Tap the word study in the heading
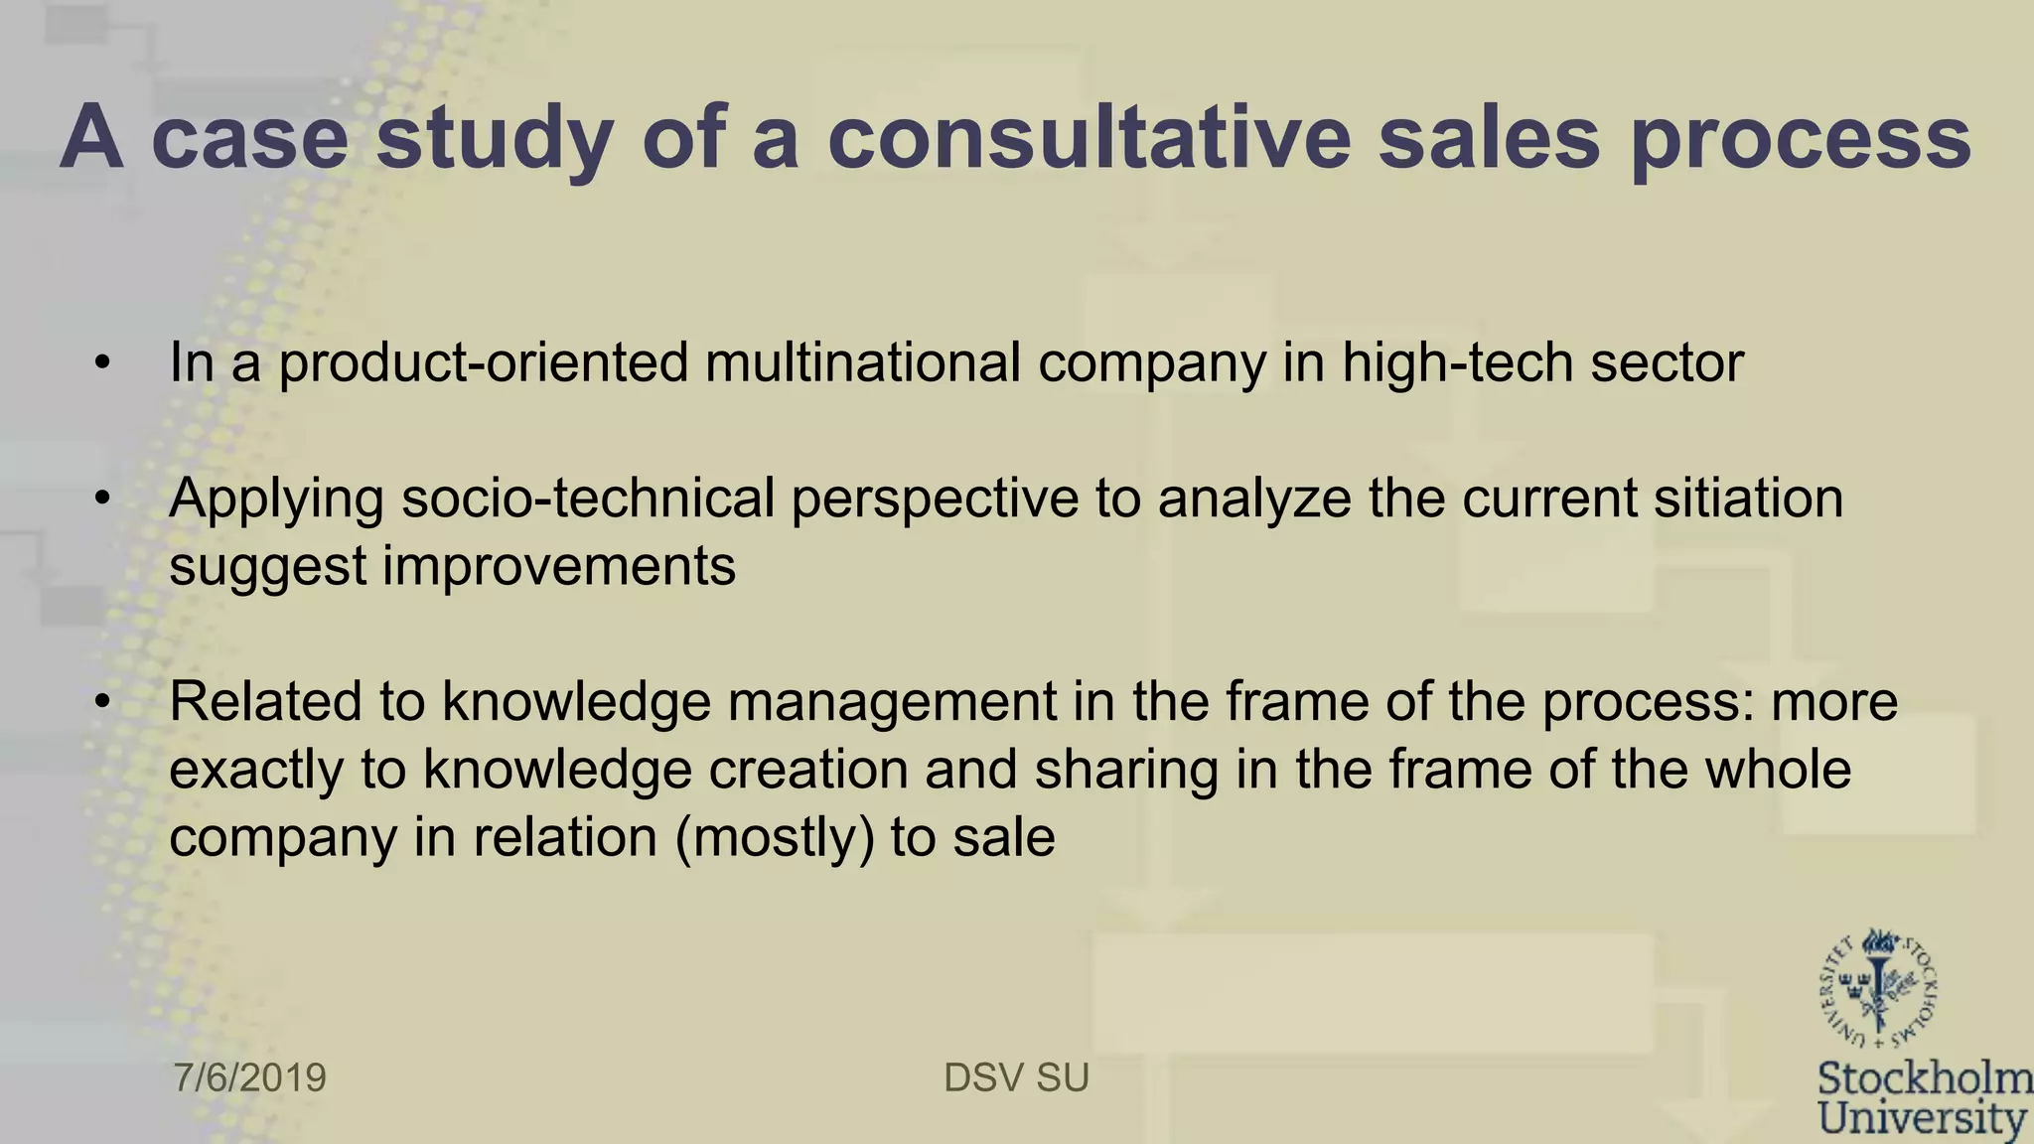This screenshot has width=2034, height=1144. [x=494, y=139]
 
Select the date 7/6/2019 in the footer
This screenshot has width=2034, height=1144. [x=250, y=1077]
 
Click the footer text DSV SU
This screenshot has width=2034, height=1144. [x=1016, y=1077]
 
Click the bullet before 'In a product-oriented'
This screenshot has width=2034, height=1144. [x=102, y=363]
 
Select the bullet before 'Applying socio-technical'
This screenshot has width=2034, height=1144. [x=102, y=500]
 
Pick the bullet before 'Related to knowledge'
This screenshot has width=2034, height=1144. [x=102, y=703]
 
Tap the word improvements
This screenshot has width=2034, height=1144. [x=559, y=566]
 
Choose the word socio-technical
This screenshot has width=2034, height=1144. [x=588, y=498]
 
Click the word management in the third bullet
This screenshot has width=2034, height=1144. [x=892, y=702]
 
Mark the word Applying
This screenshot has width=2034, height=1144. [x=276, y=500]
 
